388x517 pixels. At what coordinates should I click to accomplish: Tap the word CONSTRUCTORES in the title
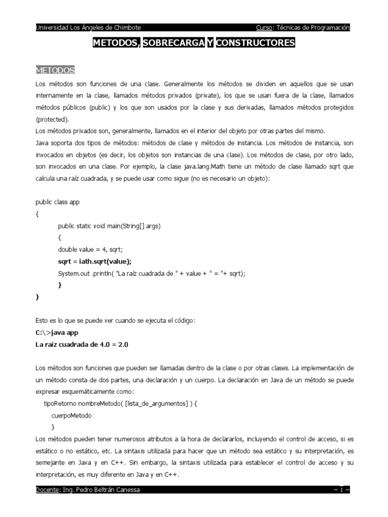[255, 43]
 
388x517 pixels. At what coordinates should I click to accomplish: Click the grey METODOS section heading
[55, 70]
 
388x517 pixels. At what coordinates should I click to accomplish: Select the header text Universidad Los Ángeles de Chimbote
[88, 28]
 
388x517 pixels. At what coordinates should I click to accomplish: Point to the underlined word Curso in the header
[264, 28]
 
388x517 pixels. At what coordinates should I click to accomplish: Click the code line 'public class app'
[58, 202]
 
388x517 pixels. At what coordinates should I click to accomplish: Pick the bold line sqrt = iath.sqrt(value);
[94, 261]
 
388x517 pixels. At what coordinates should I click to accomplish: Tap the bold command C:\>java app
[57, 332]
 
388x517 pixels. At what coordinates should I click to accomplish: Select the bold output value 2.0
[126, 344]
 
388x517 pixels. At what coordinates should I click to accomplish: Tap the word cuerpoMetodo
[71, 416]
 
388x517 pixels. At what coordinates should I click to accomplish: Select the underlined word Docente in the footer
[47, 489]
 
